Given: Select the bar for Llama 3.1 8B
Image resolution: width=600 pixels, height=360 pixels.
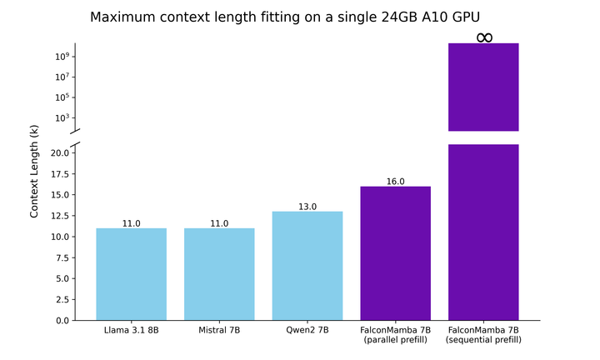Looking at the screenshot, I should pyautogui.click(x=131, y=274).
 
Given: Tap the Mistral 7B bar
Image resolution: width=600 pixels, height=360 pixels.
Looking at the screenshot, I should pyautogui.click(x=219, y=274).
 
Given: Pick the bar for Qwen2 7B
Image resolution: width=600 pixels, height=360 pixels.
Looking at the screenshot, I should pyautogui.click(x=307, y=266).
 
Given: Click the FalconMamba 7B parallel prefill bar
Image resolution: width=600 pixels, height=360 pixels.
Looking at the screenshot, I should pyautogui.click(x=395, y=253).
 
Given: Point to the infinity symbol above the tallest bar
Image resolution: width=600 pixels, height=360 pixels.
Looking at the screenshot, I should pyautogui.click(x=484, y=37).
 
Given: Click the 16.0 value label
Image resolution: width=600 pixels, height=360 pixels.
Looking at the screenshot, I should pyautogui.click(x=395, y=181).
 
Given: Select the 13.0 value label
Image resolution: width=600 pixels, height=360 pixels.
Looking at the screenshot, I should pyautogui.click(x=307, y=206).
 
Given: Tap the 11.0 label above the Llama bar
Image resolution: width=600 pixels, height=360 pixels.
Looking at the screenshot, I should pyautogui.click(x=131, y=222).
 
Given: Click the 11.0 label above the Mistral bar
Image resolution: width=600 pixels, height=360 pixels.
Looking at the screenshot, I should pyautogui.click(x=219, y=222).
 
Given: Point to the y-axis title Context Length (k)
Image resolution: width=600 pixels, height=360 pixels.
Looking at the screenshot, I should pyautogui.click(x=34, y=171).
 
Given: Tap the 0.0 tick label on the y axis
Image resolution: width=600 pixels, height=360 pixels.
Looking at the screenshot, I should pyautogui.click(x=61, y=320).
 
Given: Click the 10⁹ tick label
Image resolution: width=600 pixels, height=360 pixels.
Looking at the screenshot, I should pyautogui.click(x=61, y=57).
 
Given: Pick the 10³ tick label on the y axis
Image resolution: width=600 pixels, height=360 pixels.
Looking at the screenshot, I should pyautogui.click(x=61, y=117).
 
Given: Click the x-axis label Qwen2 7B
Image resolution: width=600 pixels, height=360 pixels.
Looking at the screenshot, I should pyautogui.click(x=307, y=331).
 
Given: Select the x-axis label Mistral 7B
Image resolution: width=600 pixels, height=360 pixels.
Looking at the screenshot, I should pyautogui.click(x=219, y=331).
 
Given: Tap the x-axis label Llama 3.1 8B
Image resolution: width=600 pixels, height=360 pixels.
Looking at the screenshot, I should pyautogui.click(x=131, y=331).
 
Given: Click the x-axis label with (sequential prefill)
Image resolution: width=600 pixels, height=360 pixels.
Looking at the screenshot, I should pyautogui.click(x=484, y=340).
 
